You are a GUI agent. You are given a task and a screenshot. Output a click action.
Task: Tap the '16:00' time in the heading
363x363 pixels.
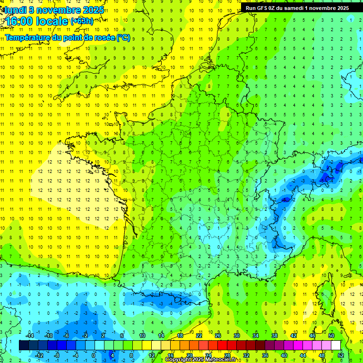(18, 21)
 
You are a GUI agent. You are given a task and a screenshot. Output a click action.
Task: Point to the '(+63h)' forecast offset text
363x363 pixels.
(82, 21)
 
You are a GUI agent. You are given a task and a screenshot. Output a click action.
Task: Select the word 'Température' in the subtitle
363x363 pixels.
(27, 37)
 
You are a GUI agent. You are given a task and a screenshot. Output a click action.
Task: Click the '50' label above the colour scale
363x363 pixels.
(331, 336)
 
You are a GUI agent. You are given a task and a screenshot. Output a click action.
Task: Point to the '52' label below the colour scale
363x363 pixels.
(340, 355)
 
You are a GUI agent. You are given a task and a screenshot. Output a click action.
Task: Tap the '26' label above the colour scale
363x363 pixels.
(217, 336)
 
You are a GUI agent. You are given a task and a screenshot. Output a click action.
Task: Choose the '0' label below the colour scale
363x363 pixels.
(94, 355)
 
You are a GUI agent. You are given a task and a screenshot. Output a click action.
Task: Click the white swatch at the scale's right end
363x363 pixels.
(336, 346)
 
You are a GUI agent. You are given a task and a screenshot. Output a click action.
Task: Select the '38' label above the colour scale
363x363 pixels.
(274, 336)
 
